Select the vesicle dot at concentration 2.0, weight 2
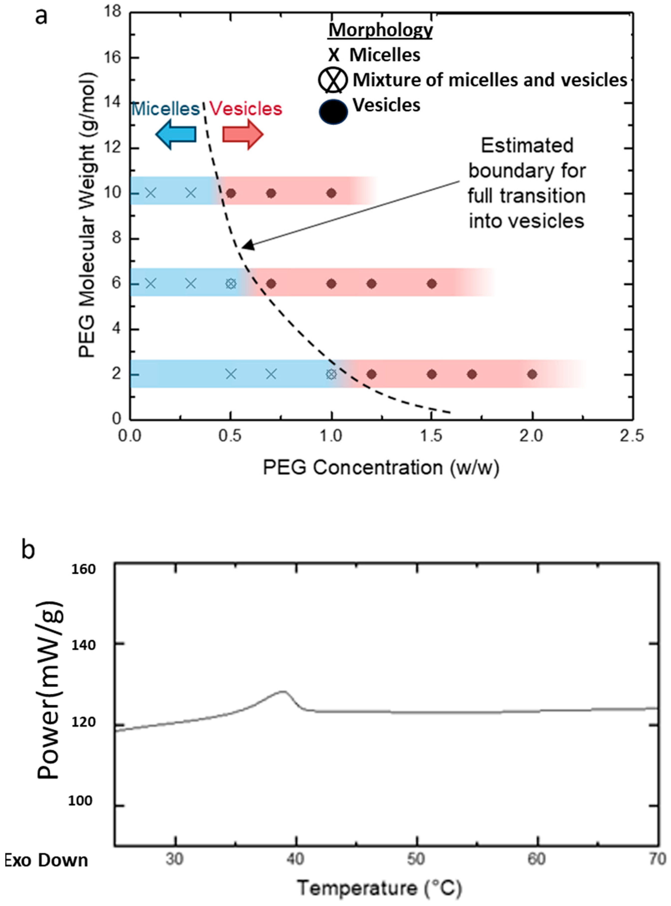(x=532, y=374)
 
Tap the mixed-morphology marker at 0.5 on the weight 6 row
(x=231, y=283)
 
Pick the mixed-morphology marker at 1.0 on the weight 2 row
(x=332, y=374)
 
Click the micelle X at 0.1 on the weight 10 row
(x=150, y=193)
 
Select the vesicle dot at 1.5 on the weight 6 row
(x=432, y=283)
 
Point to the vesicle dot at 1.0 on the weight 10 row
(x=332, y=193)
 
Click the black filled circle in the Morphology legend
(x=333, y=111)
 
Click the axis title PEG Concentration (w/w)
(x=381, y=467)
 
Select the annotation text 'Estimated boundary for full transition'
(x=527, y=183)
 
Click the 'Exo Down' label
(x=46, y=860)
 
